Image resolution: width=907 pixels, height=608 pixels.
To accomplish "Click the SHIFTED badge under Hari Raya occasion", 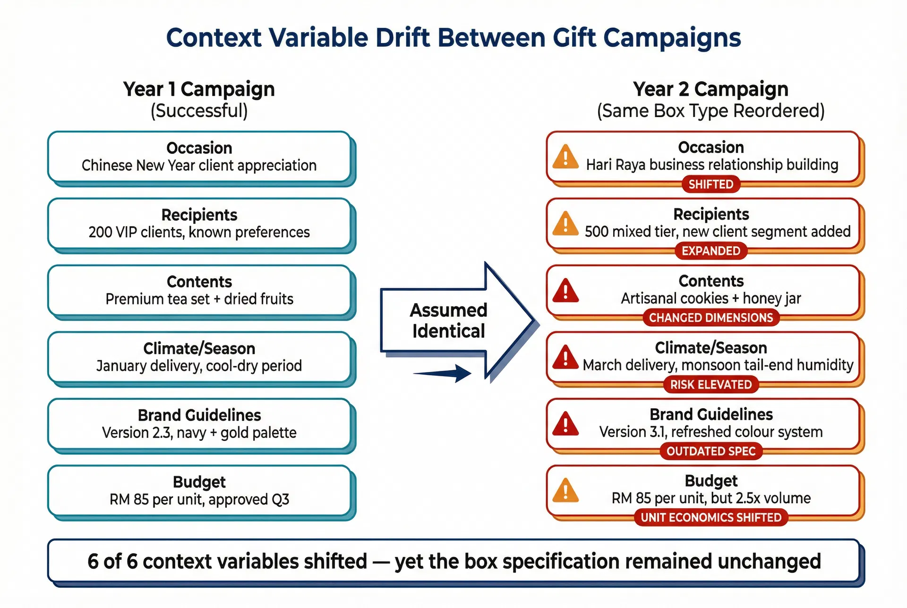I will point(710,184).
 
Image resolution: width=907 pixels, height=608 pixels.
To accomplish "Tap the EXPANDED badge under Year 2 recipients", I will point(710,251).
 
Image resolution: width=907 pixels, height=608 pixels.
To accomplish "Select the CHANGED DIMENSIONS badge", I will point(710,318).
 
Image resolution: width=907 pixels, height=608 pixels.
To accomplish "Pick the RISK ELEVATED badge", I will point(710,384).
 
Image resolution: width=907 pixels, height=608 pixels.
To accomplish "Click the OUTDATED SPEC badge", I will point(710,451).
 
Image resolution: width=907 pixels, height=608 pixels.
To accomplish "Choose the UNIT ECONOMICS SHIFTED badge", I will point(710,517).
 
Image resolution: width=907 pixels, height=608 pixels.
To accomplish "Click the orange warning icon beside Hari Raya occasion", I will point(565,157).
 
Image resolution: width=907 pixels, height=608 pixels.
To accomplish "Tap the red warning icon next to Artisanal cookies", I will point(565,291).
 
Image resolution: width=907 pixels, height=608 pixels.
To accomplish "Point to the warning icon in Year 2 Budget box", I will point(565,491).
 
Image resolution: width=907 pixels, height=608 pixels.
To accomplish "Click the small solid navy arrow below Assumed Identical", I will point(444,373).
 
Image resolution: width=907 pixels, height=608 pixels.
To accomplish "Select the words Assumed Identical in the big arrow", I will point(448,321).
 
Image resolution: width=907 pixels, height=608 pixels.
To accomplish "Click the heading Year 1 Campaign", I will point(199,89).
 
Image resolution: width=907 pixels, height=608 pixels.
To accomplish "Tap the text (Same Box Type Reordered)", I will point(710,111).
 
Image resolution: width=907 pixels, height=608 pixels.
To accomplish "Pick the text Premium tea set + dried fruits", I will point(199,299).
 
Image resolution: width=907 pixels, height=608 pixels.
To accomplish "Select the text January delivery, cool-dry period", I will point(199,366).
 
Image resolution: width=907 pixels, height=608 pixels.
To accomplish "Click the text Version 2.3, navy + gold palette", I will point(199,433).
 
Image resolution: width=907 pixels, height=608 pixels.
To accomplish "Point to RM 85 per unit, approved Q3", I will point(199,499).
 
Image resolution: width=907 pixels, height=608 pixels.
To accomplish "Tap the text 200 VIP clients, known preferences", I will point(199,232).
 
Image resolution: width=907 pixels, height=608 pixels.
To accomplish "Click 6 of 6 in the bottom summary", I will point(112,562).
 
